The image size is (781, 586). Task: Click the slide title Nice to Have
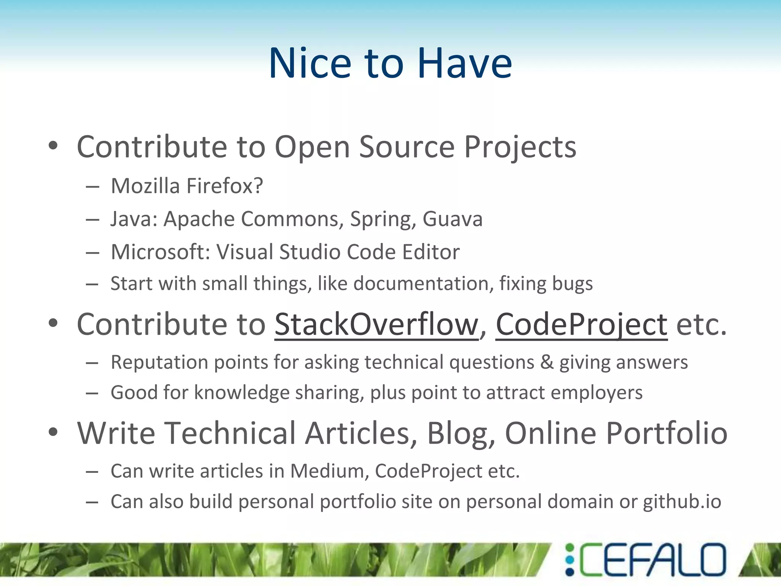tap(390, 63)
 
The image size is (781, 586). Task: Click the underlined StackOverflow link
tap(376, 324)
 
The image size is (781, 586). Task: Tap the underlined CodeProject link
tap(581, 324)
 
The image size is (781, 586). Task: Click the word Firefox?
tap(225, 186)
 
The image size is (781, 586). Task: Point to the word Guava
tap(452, 219)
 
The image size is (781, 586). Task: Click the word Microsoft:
tap(161, 252)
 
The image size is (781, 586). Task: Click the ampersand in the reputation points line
tap(547, 362)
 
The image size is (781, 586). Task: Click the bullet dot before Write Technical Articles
tap(53, 432)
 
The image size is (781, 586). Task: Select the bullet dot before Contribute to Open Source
tap(53, 145)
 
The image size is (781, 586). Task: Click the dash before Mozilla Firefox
tap(92, 187)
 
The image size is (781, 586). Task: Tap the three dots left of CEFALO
tap(569, 560)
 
